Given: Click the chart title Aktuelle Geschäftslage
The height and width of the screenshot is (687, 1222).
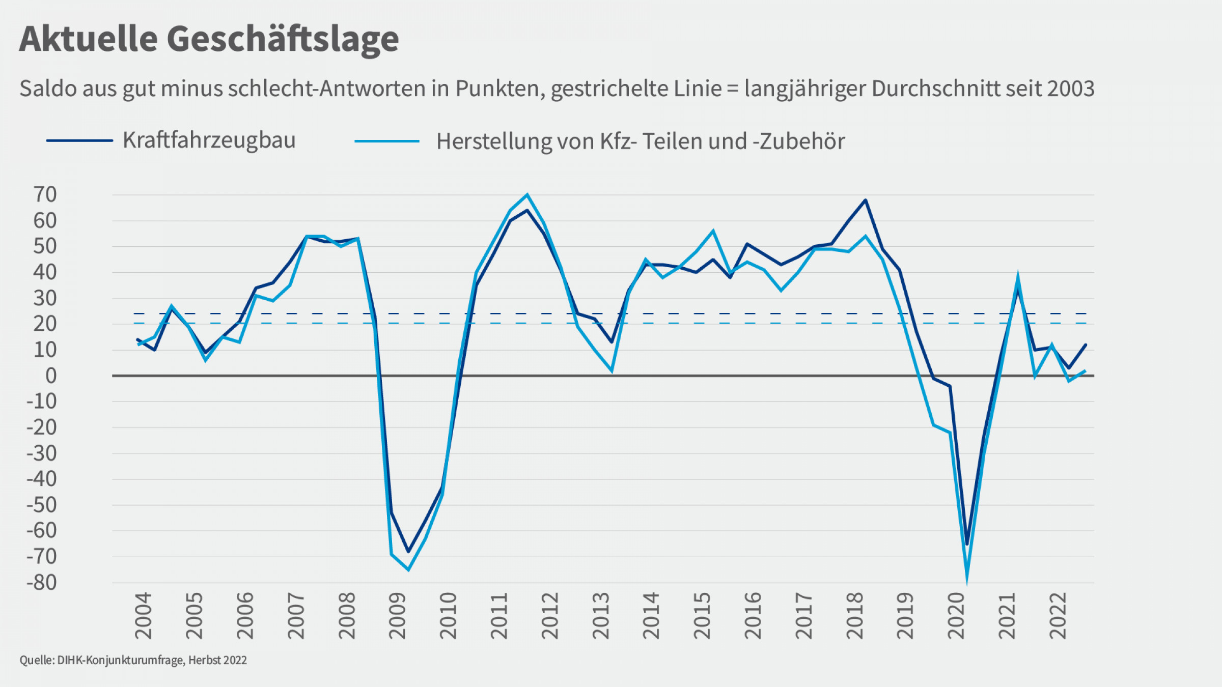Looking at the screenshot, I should point(209,39).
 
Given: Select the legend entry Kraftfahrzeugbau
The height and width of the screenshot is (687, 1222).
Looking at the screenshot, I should point(209,140).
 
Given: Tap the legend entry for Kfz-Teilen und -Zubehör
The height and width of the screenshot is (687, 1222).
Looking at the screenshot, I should point(640,141).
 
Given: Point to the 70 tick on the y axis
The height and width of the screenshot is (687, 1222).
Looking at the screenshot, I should point(45,194).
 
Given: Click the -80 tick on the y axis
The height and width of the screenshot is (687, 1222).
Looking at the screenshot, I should point(42,583).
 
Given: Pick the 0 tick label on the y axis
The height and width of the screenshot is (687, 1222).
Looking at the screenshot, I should point(51,376).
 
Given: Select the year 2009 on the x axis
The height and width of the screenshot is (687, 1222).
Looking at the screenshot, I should point(397,616).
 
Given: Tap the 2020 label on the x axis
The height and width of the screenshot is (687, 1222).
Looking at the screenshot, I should point(956,616).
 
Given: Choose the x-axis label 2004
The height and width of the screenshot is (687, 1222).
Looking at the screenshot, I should point(143,616).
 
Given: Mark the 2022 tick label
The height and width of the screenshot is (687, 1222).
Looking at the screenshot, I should point(1058,616).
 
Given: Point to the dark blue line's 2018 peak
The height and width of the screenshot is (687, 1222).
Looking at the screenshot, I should point(866,200).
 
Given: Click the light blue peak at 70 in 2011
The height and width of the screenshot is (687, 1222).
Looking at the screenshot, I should point(527,194).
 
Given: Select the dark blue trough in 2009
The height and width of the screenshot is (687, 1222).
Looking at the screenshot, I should point(408,551).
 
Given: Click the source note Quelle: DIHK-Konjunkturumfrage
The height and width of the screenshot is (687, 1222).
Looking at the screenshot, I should point(133,660).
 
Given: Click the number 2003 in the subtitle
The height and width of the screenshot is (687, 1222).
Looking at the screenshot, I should point(1071,89).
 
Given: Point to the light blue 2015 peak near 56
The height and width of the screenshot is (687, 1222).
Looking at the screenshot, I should point(713,231).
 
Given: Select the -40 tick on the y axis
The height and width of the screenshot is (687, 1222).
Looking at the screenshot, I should point(42,479).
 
